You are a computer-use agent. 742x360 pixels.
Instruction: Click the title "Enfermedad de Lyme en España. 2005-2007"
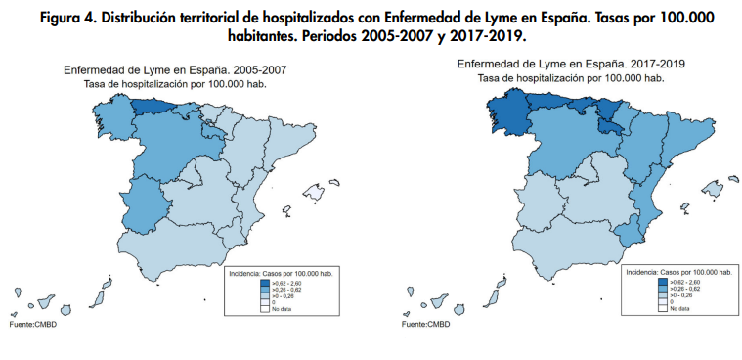click(x=174, y=70)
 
